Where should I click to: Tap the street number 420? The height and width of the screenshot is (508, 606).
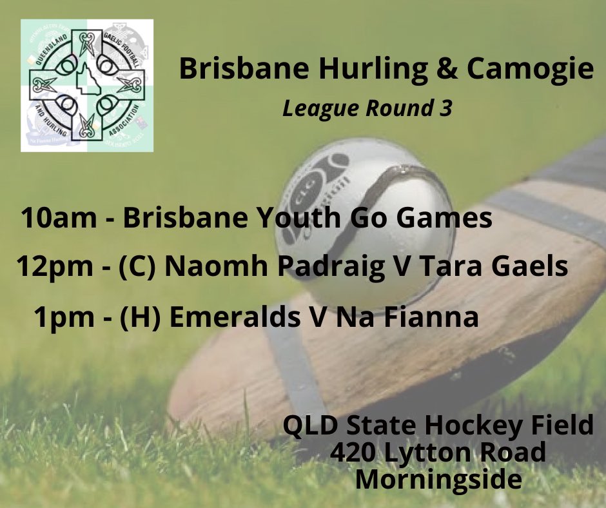(355, 453)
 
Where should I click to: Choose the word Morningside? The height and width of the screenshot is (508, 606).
(438, 478)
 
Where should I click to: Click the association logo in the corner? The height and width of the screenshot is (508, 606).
(87, 85)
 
